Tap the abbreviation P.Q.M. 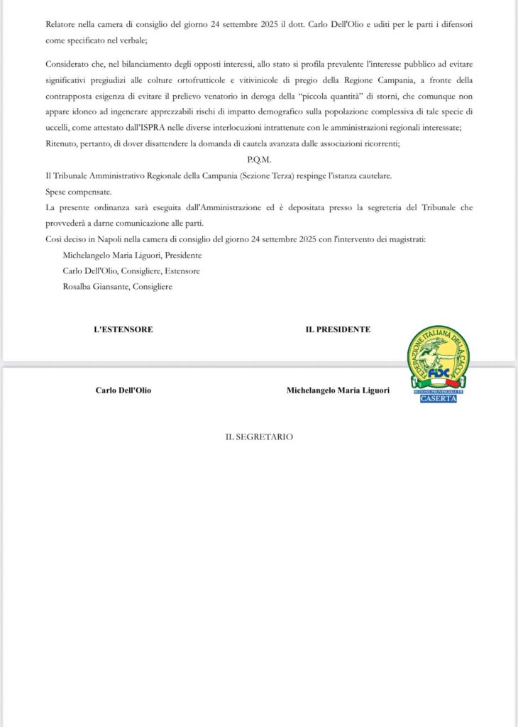pos(259,160)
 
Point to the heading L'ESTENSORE pos(123,329)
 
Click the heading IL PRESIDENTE pos(338,329)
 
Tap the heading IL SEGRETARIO pos(259,437)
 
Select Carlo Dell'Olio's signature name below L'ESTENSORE pos(123,390)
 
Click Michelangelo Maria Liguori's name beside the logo pos(338,390)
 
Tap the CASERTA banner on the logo pos(438,398)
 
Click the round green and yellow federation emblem pos(438,356)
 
